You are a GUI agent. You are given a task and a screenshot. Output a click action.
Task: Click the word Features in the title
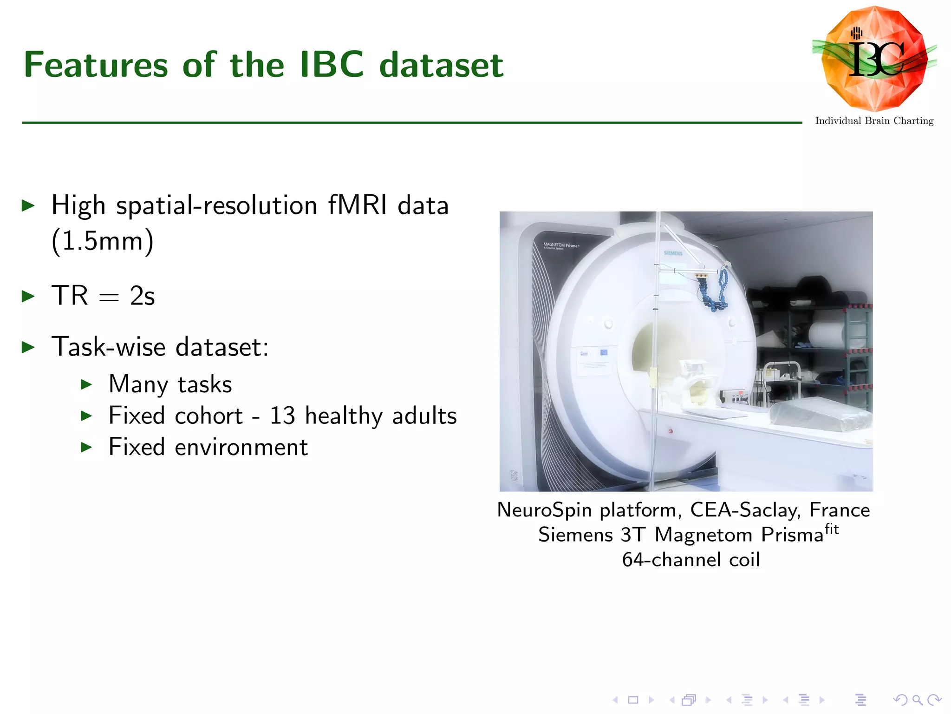pyautogui.click(x=96, y=65)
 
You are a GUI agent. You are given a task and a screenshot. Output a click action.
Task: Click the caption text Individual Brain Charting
pyautogui.click(x=874, y=121)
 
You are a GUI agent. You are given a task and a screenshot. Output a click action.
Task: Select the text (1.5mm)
pyautogui.click(x=102, y=241)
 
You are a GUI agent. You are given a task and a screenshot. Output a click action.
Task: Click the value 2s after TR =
pyautogui.click(x=142, y=296)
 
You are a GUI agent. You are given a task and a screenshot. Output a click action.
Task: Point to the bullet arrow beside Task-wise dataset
pyautogui.click(x=29, y=347)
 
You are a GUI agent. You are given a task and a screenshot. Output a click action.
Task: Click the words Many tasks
pyautogui.click(x=170, y=384)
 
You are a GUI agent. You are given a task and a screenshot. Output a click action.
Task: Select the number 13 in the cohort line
pyautogui.click(x=282, y=416)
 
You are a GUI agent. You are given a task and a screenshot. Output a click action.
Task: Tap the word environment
pyautogui.click(x=241, y=447)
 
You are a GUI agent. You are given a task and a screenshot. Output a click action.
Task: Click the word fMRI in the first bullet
pyautogui.click(x=358, y=205)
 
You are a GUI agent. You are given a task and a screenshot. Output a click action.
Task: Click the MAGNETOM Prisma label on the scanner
pyautogui.click(x=560, y=245)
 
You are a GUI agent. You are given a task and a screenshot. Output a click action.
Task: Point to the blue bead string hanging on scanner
pyautogui.click(x=717, y=291)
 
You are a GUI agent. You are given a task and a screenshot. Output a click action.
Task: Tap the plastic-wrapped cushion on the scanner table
pyautogui.click(x=820, y=414)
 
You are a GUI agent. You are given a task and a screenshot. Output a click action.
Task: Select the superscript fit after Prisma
pyautogui.click(x=832, y=529)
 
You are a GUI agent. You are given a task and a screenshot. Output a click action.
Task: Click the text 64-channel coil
pyautogui.click(x=690, y=560)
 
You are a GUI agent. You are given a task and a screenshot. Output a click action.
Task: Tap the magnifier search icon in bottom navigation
pyautogui.click(x=917, y=700)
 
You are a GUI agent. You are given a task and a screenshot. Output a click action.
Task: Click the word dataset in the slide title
pyautogui.click(x=441, y=65)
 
